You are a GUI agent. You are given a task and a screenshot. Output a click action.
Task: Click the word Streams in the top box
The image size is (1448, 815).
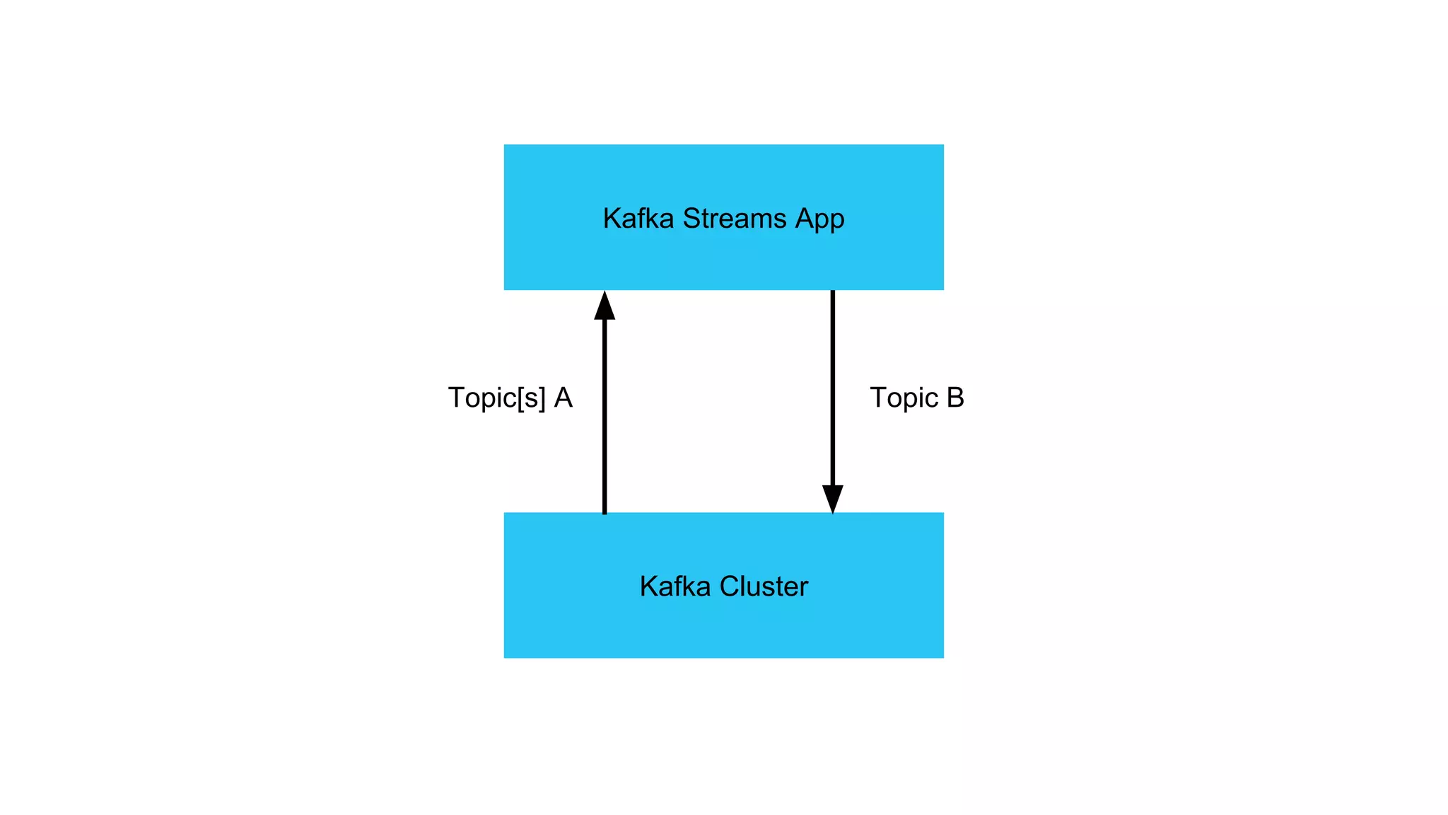[735, 219]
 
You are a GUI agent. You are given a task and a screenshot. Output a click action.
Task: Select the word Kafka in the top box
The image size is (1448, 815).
[638, 219]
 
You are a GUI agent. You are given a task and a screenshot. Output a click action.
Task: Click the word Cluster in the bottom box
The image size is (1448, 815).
[764, 586]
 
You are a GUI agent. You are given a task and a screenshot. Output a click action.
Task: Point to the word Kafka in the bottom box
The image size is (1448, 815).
[675, 586]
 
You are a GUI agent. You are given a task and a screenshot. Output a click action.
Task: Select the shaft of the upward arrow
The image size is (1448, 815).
[605, 417]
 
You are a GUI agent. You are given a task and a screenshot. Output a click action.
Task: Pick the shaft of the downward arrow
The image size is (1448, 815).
[833, 389]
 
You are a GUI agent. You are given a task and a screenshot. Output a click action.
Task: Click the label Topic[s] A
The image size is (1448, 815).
[510, 398]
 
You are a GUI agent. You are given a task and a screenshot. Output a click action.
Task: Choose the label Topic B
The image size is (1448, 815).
[916, 398]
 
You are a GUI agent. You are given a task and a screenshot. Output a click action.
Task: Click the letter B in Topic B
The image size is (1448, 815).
[955, 398]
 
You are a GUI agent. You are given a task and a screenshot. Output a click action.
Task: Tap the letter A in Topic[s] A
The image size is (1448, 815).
[564, 398]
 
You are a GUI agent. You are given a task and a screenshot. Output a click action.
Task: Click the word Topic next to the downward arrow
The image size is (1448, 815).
[904, 398]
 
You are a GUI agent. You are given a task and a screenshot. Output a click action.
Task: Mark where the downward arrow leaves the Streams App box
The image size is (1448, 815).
[833, 292]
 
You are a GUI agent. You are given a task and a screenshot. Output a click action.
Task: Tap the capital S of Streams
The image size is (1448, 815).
[691, 219]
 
